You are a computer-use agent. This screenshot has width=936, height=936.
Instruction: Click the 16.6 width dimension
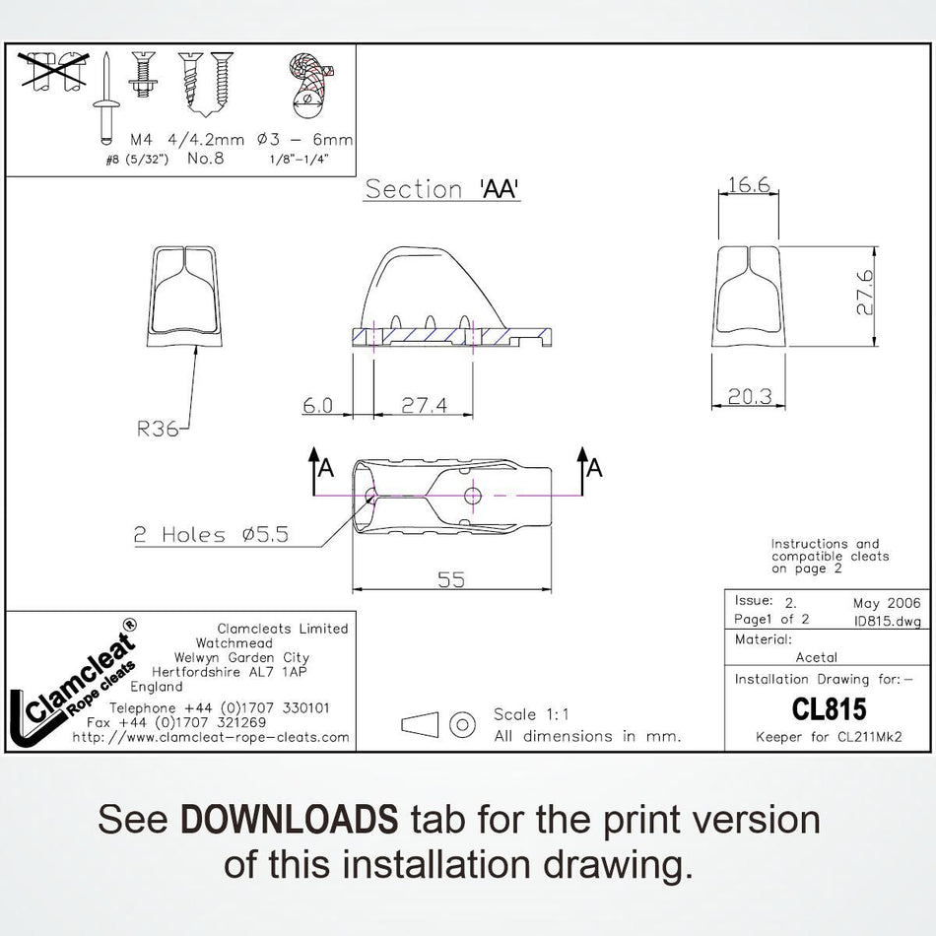point(749,184)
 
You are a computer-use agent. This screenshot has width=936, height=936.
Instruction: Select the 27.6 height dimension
point(865,293)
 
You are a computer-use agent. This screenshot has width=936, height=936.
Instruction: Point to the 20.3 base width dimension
point(750,396)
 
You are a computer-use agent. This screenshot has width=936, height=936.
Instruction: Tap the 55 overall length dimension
point(451,579)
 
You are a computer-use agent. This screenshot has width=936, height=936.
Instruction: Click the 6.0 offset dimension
point(317,405)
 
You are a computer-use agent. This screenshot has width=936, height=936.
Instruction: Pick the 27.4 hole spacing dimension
point(424,405)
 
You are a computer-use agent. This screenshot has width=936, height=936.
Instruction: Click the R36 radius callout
point(157,428)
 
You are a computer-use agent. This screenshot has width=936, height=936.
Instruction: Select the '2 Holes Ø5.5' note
point(211,534)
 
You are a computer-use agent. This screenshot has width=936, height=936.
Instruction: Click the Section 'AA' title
point(441,189)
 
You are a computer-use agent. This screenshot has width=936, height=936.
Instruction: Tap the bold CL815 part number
point(829,709)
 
